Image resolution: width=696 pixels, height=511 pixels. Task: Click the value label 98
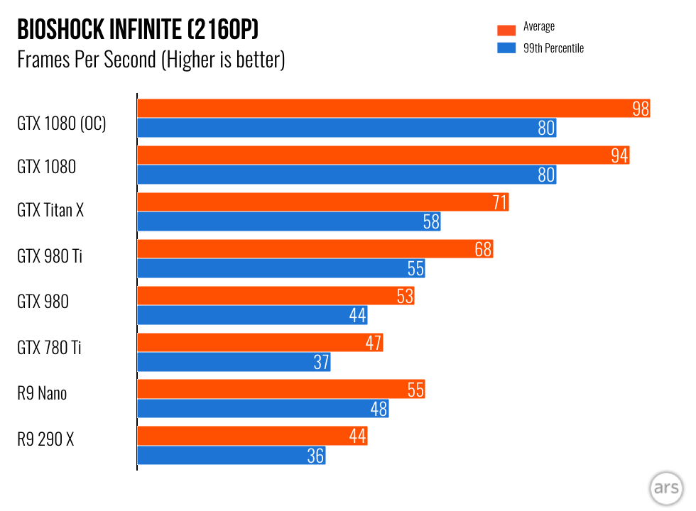[641, 109]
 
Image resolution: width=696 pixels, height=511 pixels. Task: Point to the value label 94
[620, 155]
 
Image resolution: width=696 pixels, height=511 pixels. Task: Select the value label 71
[499, 202]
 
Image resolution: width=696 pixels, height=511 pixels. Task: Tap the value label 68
[484, 249]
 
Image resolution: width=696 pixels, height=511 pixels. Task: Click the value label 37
[321, 362]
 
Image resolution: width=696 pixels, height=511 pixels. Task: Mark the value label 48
[379, 409]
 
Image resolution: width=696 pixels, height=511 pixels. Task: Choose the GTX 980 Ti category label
[50, 256]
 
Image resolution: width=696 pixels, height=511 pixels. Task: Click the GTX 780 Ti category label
[50, 348]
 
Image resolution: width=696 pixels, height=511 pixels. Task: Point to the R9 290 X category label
[45, 440]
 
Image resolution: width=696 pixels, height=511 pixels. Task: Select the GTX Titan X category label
[50, 210]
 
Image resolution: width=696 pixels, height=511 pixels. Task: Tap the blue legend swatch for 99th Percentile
[506, 48]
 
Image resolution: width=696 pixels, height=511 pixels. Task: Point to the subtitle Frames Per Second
[85, 60]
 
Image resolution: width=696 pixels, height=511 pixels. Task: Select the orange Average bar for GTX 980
[276, 296]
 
